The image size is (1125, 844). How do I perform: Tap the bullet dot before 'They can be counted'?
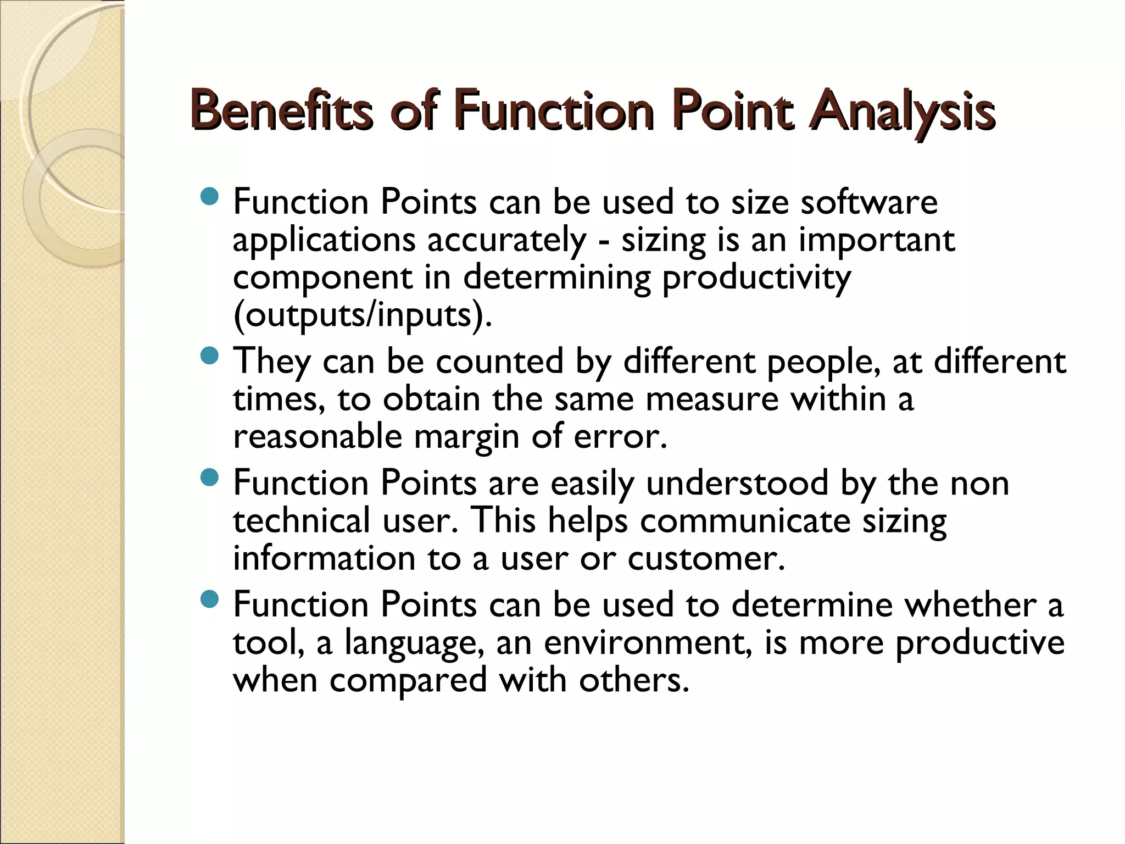209,357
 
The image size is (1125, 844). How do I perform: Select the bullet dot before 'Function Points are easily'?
209,478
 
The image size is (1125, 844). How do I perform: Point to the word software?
869,202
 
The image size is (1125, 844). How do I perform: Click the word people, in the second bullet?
824,363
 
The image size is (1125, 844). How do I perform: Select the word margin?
466,437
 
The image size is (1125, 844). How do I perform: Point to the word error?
620,437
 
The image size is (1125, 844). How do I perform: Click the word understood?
737,484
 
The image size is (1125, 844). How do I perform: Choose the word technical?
302,520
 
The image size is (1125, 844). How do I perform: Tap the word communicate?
745,521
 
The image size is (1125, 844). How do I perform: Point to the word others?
634,680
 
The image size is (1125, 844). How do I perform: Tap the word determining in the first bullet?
556,277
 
